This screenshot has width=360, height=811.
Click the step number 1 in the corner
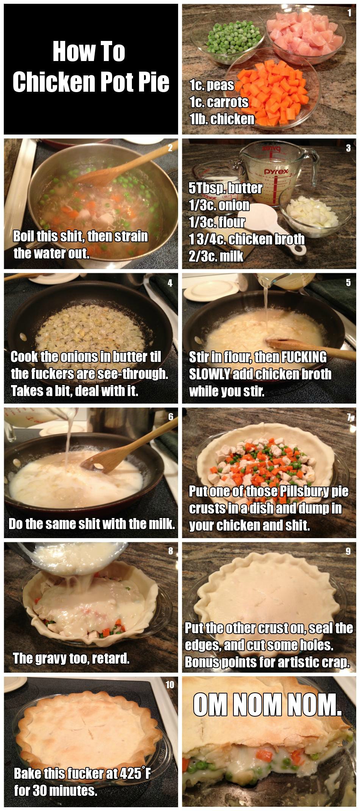coord(349,13)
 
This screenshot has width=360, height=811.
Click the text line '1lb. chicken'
coord(222,119)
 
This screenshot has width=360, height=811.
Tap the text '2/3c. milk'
coord(216,256)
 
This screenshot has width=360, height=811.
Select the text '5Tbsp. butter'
coord(225,188)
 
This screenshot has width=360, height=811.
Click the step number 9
coord(348,551)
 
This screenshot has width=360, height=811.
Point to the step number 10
coord(170,684)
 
